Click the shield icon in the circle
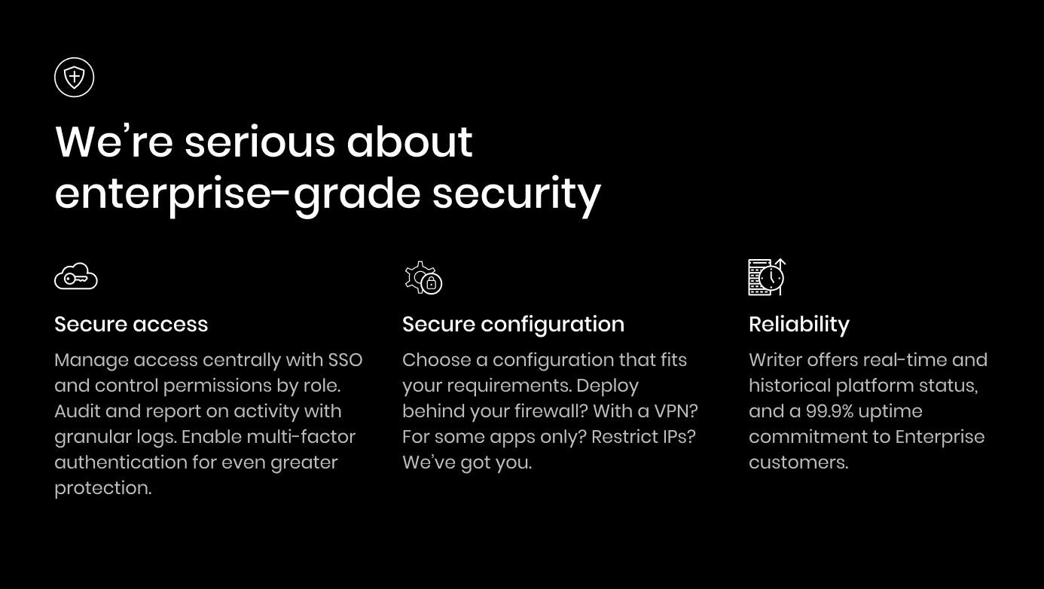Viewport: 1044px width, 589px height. [x=74, y=78]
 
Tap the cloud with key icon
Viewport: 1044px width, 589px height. [x=76, y=276]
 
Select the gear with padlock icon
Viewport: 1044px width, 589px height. [x=423, y=278]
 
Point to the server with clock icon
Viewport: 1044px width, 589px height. [x=767, y=277]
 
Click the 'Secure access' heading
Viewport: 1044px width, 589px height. [x=131, y=324]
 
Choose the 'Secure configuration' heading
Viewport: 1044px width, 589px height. [x=513, y=325]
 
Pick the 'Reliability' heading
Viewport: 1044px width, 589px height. [x=799, y=325]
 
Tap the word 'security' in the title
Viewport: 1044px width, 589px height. [x=517, y=194]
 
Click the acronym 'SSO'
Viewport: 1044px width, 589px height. [x=345, y=360]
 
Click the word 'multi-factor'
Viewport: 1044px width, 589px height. [x=301, y=437]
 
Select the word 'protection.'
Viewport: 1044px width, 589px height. [x=103, y=489]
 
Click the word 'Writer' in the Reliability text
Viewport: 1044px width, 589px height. [x=776, y=360]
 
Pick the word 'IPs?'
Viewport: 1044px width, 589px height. [x=678, y=437]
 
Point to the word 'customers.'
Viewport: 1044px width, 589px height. [x=798, y=462]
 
